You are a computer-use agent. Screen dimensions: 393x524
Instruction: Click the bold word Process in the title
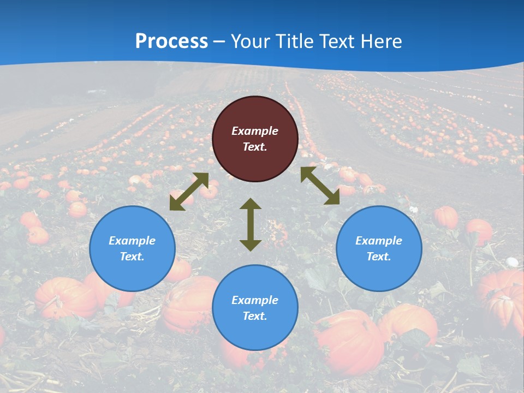click(x=171, y=41)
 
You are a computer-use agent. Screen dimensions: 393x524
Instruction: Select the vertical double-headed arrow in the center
click(x=251, y=224)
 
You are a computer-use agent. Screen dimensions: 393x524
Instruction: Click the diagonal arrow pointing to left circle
click(x=189, y=192)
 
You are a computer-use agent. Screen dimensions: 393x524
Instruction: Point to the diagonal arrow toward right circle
click(x=320, y=186)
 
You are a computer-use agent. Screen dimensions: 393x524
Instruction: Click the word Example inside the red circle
click(x=255, y=131)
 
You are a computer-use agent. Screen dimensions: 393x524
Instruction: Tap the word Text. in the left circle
click(x=132, y=257)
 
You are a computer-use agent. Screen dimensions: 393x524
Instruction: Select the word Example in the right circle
click(x=379, y=241)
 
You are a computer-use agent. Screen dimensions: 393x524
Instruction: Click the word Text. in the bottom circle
click(x=255, y=316)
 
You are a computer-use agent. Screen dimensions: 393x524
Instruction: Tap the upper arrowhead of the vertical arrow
click(x=251, y=204)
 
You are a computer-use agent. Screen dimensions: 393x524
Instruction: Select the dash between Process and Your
click(x=219, y=42)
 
